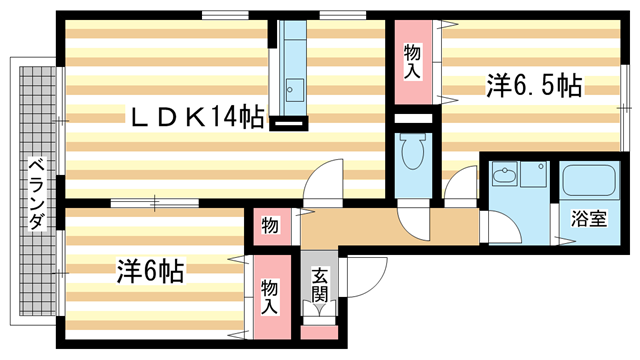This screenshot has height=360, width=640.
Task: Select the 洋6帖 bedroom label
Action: pos(150,270)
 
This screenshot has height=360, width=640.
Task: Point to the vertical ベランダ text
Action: pos(35,194)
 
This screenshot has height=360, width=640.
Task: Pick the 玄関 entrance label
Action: pos(320,284)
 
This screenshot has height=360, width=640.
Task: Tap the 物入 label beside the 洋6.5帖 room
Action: pos(411,61)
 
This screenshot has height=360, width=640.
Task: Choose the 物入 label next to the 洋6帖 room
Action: pos(270,296)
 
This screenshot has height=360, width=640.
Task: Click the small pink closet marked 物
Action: pos(270,225)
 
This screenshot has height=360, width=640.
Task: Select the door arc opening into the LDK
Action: pos(326,180)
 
